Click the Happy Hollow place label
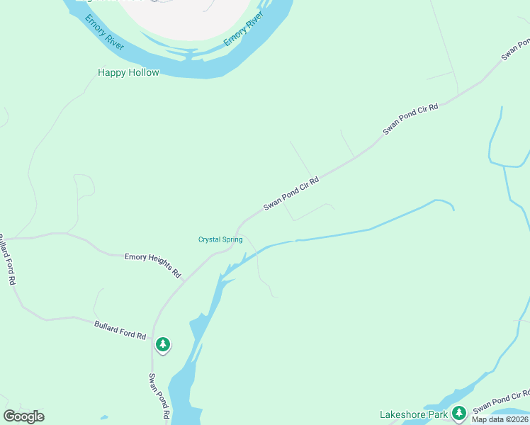(x=128, y=72)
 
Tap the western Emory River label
(x=104, y=32)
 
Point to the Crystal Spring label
(x=220, y=239)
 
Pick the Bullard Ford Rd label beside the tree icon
(x=120, y=329)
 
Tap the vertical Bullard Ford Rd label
(x=6, y=259)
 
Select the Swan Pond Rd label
(x=160, y=396)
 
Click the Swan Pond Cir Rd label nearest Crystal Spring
(x=291, y=193)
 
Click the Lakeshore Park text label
(x=413, y=414)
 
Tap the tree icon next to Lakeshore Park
(x=458, y=412)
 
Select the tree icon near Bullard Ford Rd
(x=163, y=345)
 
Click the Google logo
(x=23, y=416)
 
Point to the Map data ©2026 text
(x=500, y=419)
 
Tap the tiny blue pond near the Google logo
(x=104, y=417)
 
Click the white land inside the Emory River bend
(x=191, y=18)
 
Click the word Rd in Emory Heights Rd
(x=176, y=273)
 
